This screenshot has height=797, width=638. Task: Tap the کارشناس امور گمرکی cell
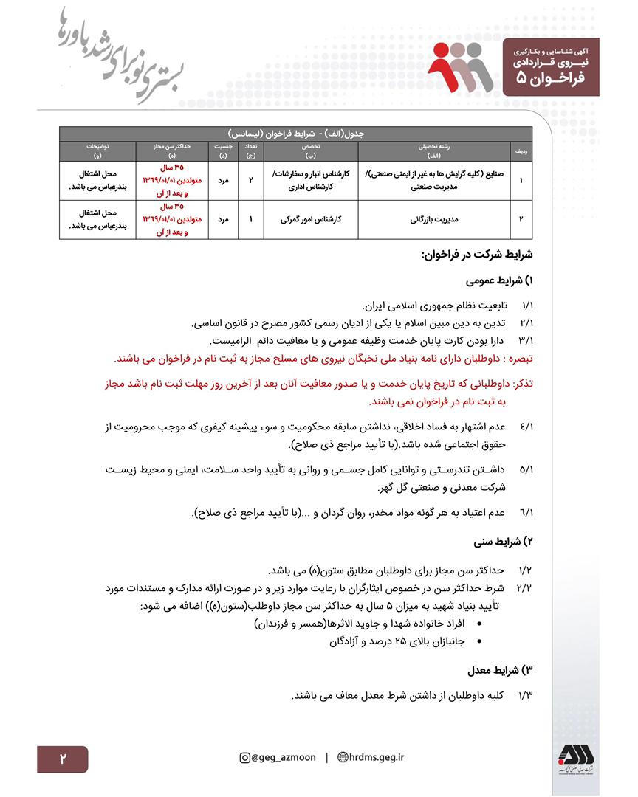pyautogui.click(x=310, y=219)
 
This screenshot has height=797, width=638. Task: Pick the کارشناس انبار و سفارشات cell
pyautogui.click(x=310, y=180)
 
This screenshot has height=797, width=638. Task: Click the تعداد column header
pyautogui.click(x=250, y=151)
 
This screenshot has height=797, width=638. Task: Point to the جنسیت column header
pyautogui.click(x=223, y=151)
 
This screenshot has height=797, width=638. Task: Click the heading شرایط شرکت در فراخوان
pyautogui.click(x=476, y=255)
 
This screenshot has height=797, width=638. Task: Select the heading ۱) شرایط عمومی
pyautogui.click(x=501, y=281)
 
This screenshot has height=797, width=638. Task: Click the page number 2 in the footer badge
pyautogui.click(x=63, y=759)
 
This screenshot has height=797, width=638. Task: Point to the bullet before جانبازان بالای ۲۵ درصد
pyautogui.click(x=481, y=642)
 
